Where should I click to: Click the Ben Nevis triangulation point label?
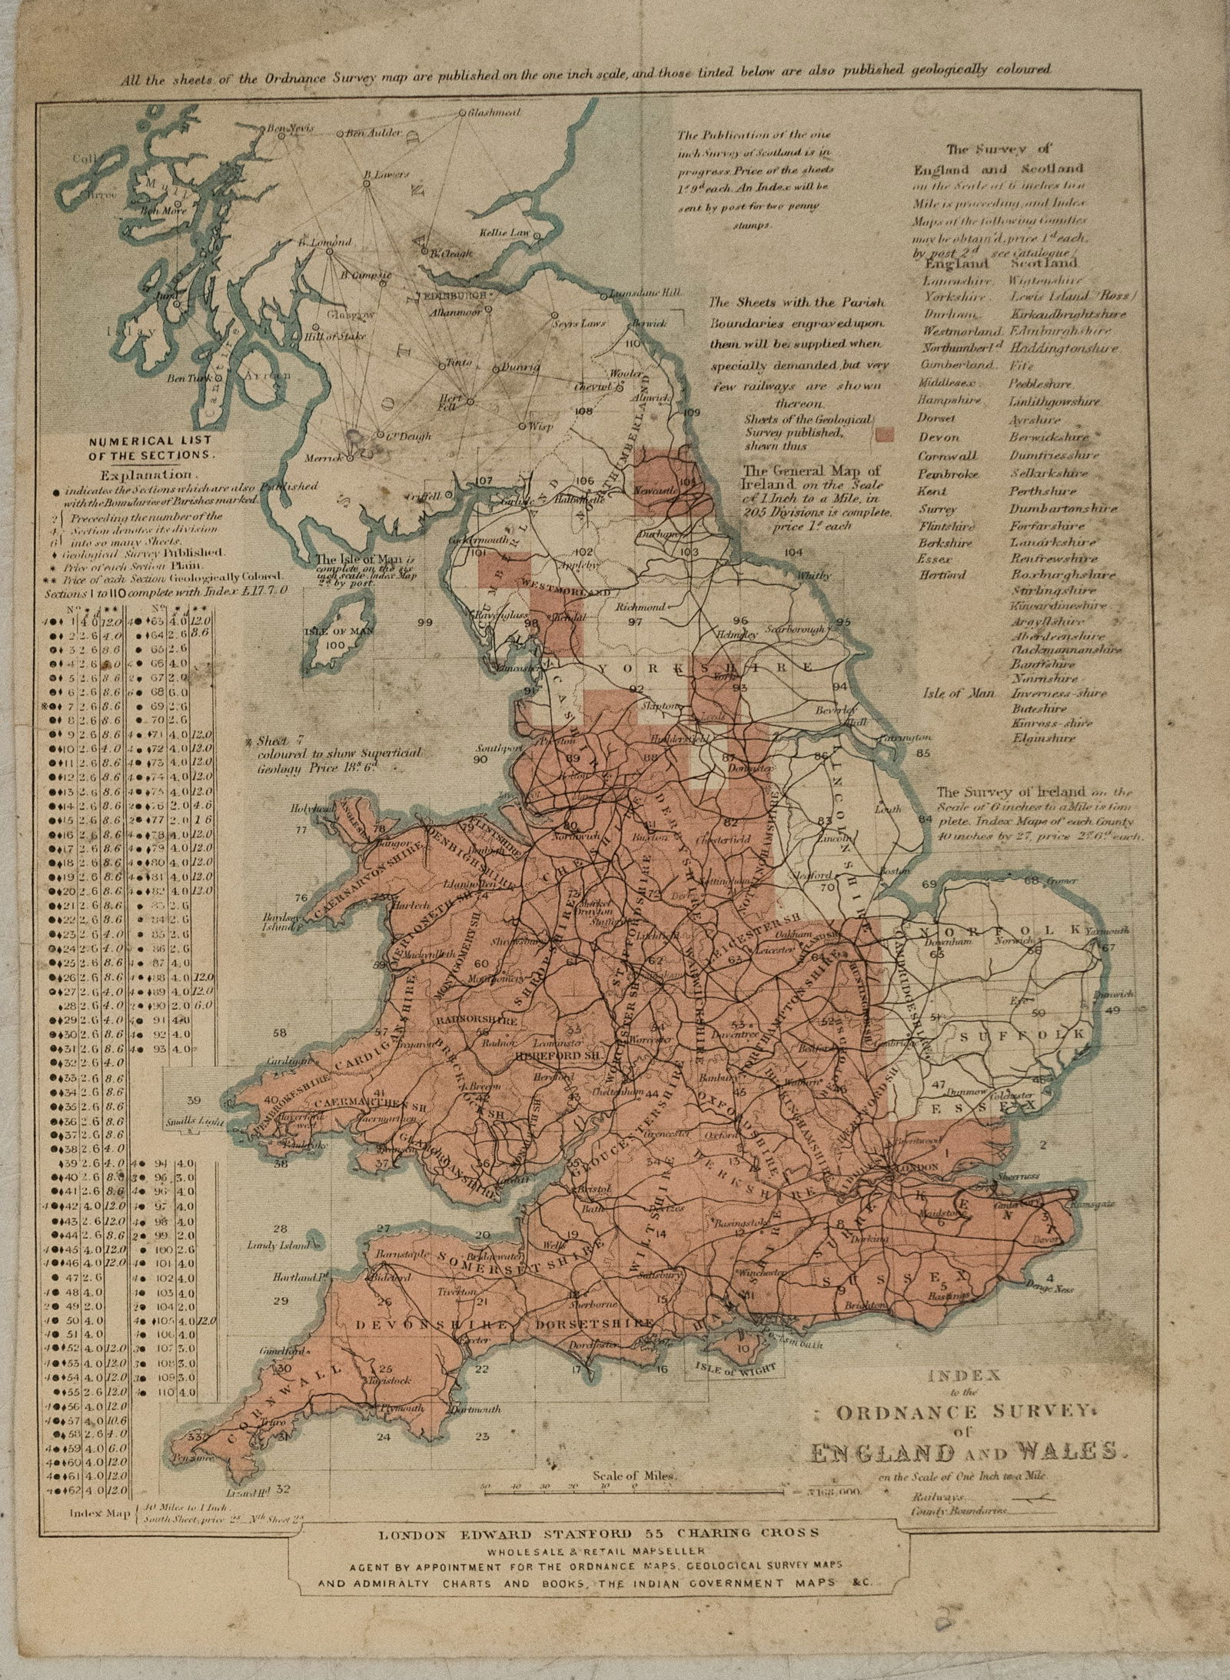coord(290,129)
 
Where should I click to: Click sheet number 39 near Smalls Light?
coord(194,1099)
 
